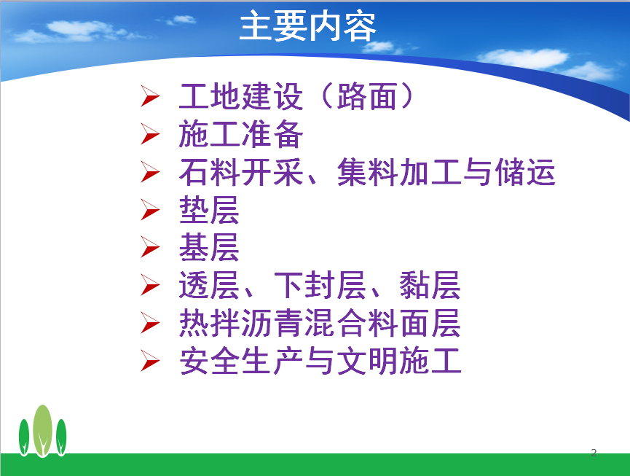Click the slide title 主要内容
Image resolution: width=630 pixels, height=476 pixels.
(x=307, y=26)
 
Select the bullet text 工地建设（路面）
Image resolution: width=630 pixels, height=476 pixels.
(x=296, y=96)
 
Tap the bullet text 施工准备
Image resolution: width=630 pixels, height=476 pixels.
(x=240, y=134)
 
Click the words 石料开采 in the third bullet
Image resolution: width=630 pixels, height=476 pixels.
(x=240, y=172)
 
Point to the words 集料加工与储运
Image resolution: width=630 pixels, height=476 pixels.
(x=446, y=172)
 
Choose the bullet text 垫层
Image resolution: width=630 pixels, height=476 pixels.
(x=209, y=209)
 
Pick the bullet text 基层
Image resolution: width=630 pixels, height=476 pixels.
(x=209, y=247)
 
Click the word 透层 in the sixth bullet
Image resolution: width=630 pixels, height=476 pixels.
(x=209, y=285)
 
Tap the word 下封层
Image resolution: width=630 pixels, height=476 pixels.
(x=320, y=285)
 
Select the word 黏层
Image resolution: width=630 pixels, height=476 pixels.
(x=430, y=285)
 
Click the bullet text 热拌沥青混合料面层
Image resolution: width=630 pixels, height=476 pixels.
(x=320, y=323)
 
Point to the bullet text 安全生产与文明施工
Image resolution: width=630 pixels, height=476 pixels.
(x=320, y=361)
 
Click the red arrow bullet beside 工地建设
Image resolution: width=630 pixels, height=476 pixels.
(x=150, y=96)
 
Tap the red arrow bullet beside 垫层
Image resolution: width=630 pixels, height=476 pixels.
(x=150, y=210)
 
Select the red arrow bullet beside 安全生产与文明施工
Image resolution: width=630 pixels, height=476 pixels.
(x=150, y=360)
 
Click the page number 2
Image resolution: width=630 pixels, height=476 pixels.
(x=594, y=453)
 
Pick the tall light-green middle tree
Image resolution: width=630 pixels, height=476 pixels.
(x=42, y=430)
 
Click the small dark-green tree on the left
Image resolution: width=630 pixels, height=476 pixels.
(x=24, y=437)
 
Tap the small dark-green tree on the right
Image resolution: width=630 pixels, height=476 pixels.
(x=61, y=437)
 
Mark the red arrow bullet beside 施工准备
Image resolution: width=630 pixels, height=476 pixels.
(x=150, y=134)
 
